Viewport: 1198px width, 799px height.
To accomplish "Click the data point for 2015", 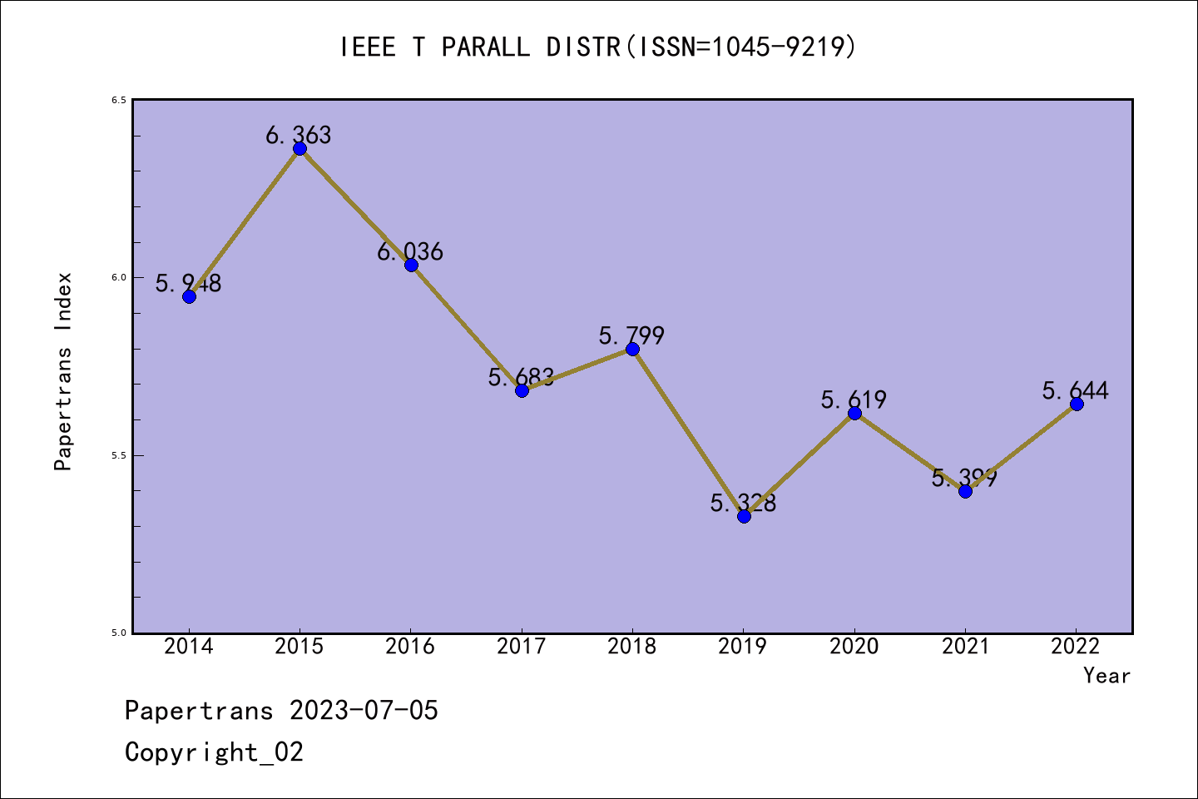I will (x=299, y=149).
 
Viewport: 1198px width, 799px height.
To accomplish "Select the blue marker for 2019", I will (x=744, y=516).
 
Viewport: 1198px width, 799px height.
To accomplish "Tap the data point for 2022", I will (x=1077, y=404).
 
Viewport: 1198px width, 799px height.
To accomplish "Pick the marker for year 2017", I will (x=522, y=390).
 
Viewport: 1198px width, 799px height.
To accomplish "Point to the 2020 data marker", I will (x=854, y=413).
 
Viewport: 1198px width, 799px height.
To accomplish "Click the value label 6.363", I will (x=299, y=135).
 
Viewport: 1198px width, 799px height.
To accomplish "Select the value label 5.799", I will (x=631, y=335).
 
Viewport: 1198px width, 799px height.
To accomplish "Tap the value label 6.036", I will (x=410, y=251).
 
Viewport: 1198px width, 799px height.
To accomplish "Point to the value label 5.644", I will (x=1075, y=390).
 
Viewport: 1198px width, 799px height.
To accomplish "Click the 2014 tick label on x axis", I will (x=189, y=647).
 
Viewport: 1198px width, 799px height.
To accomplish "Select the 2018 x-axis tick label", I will (x=632, y=647).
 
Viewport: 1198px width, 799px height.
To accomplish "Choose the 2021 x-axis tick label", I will (x=965, y=647).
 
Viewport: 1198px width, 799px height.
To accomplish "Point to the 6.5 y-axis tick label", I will (x=118, y=100).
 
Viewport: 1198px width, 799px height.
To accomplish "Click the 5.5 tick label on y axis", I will (x=118, y=455).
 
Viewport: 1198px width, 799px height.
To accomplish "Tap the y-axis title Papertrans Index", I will (x=64, y=371).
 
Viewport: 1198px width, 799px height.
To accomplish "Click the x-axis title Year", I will (x=1106, y=676).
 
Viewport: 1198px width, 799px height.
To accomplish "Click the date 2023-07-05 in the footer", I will (x=364, y=711).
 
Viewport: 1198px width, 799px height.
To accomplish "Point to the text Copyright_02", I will (x=214, y=752).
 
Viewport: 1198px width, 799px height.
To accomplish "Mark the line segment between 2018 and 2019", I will (x=688, y=433).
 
